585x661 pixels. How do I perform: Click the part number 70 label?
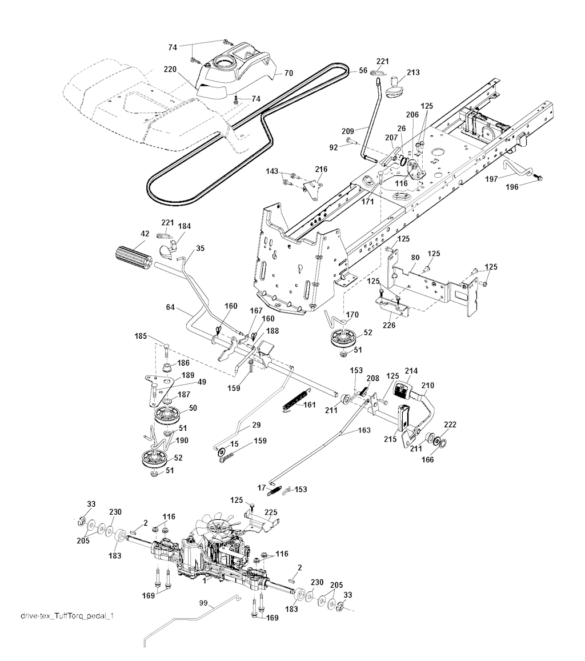pyautogui.click(x=289, y=73)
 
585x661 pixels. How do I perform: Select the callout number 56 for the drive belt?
pyautogui.click(x=363, y=71)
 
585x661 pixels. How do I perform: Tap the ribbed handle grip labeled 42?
pyautogui.click(x=130, y=254)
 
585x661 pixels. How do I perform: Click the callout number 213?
pyautogui.click(x=412, y=73)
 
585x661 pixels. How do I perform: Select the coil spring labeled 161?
pyautogui.click(x=296, y=398)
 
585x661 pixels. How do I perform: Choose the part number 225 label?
pyautogui.click(x=271, y=512)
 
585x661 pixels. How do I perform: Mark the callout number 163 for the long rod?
pyautogui.click(x=364, y=430)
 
